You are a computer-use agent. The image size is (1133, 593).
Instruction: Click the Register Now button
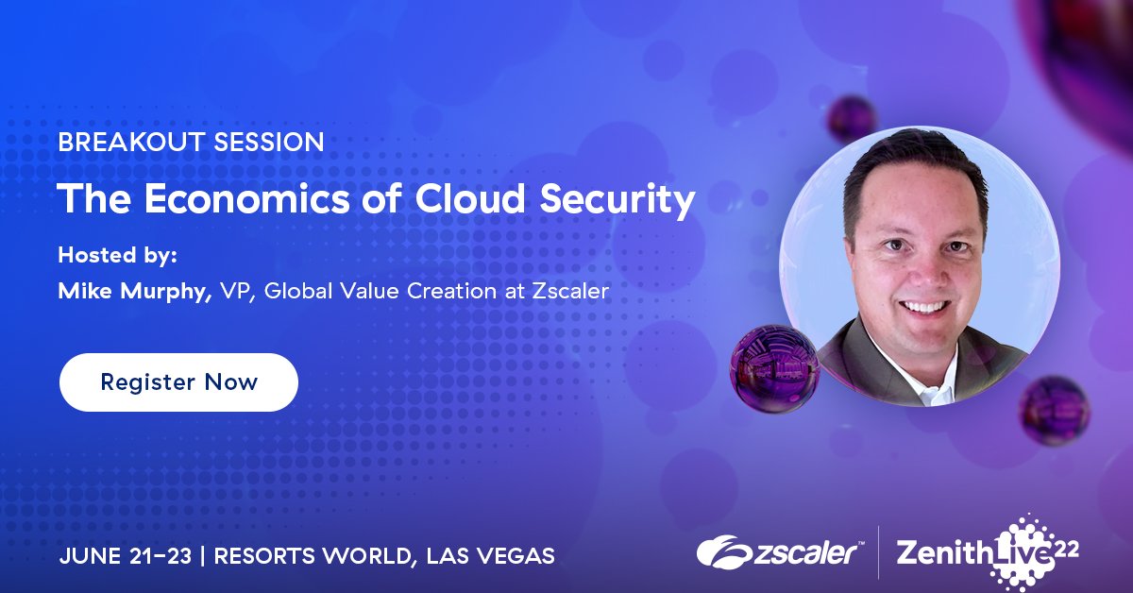178,382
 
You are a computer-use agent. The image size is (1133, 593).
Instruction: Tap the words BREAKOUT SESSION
191,144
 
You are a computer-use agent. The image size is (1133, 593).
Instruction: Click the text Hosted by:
118,255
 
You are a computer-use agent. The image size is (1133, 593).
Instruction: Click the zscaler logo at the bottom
779,551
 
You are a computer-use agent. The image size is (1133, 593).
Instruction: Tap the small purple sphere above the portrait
852,118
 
